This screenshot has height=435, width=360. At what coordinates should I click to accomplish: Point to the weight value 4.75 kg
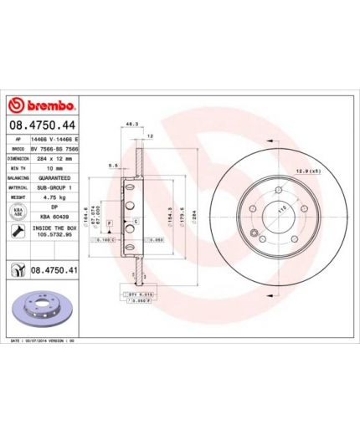point(51,198)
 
